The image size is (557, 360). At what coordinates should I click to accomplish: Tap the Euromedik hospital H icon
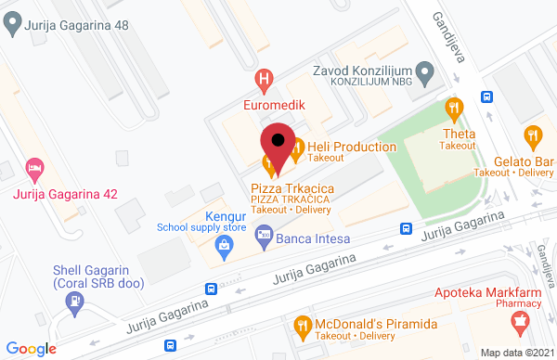265,81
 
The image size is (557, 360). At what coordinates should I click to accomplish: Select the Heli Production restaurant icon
296,147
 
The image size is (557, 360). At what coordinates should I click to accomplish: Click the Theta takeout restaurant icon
454,109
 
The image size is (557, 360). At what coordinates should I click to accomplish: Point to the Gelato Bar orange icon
532,136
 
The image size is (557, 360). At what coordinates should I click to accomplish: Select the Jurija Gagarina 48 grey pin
12,27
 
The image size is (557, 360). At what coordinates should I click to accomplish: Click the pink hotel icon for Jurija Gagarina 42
35,169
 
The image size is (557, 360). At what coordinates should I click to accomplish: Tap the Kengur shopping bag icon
223,246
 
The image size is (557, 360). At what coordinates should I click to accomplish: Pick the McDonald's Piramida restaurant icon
301,325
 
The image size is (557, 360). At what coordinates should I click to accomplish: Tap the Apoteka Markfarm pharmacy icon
520,324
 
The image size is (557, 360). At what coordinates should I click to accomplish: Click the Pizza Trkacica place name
292,188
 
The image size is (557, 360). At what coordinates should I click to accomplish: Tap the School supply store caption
201,226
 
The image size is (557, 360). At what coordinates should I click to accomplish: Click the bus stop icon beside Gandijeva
485,96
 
